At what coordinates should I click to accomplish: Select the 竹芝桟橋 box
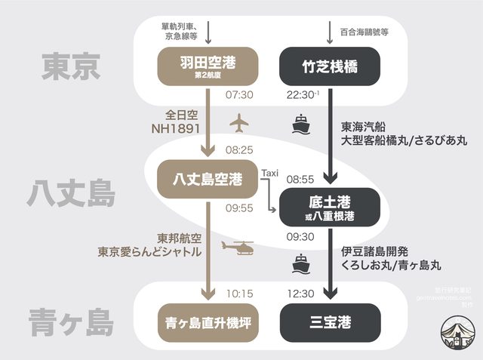tap(329, 68)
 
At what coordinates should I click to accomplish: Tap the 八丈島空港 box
tap(207, 179)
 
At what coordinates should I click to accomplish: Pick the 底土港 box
tap(329, 208)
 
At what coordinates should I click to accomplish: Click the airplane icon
tap(239, 121)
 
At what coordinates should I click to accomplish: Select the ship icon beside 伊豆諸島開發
tap(301, 263)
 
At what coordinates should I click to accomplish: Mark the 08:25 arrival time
tap(238, 151)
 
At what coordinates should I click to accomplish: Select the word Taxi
tap(269, 173)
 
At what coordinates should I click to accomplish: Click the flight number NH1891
tap(176, 130)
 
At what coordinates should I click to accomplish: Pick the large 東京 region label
tap(71, 66)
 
